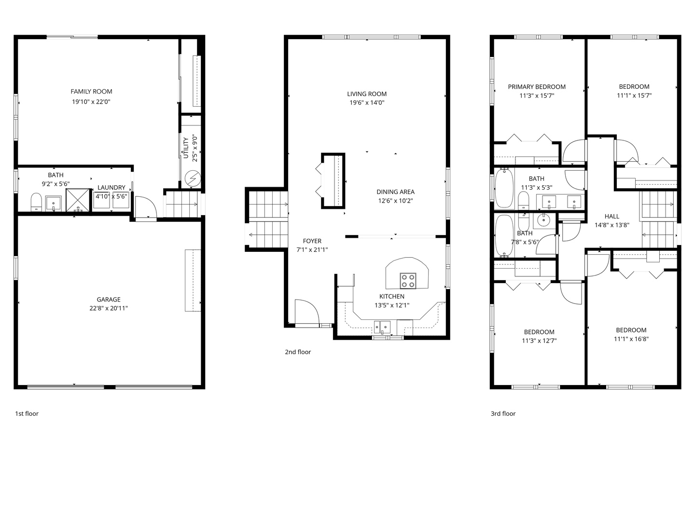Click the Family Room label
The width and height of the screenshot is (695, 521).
[91, 92]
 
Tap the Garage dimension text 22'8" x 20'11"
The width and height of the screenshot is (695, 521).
[109, 308]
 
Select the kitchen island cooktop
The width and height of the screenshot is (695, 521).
[408, 281]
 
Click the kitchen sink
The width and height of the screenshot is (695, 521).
[382, 327]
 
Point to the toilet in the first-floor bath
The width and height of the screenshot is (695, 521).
[36, 202]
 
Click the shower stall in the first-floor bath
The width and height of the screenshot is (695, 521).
[78, 200]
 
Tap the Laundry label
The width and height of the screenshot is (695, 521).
[111, 188]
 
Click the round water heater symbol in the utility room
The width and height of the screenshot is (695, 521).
[193, 178]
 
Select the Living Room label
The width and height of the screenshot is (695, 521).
[367, 94]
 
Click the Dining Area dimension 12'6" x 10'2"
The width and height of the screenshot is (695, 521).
[395, 201]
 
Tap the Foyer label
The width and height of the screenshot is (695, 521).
[312, 241]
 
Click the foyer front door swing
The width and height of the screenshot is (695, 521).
[307, 311]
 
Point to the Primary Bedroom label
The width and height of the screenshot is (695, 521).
[537, 87]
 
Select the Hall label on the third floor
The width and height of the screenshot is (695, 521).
[612, 217]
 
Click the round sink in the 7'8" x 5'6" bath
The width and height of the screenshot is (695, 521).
[544, 220]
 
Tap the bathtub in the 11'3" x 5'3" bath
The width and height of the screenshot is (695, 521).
[504, 188]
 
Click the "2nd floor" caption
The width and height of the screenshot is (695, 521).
[298, 352]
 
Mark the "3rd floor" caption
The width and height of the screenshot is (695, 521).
[503, 413]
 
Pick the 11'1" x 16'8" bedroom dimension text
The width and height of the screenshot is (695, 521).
[631, 339]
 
